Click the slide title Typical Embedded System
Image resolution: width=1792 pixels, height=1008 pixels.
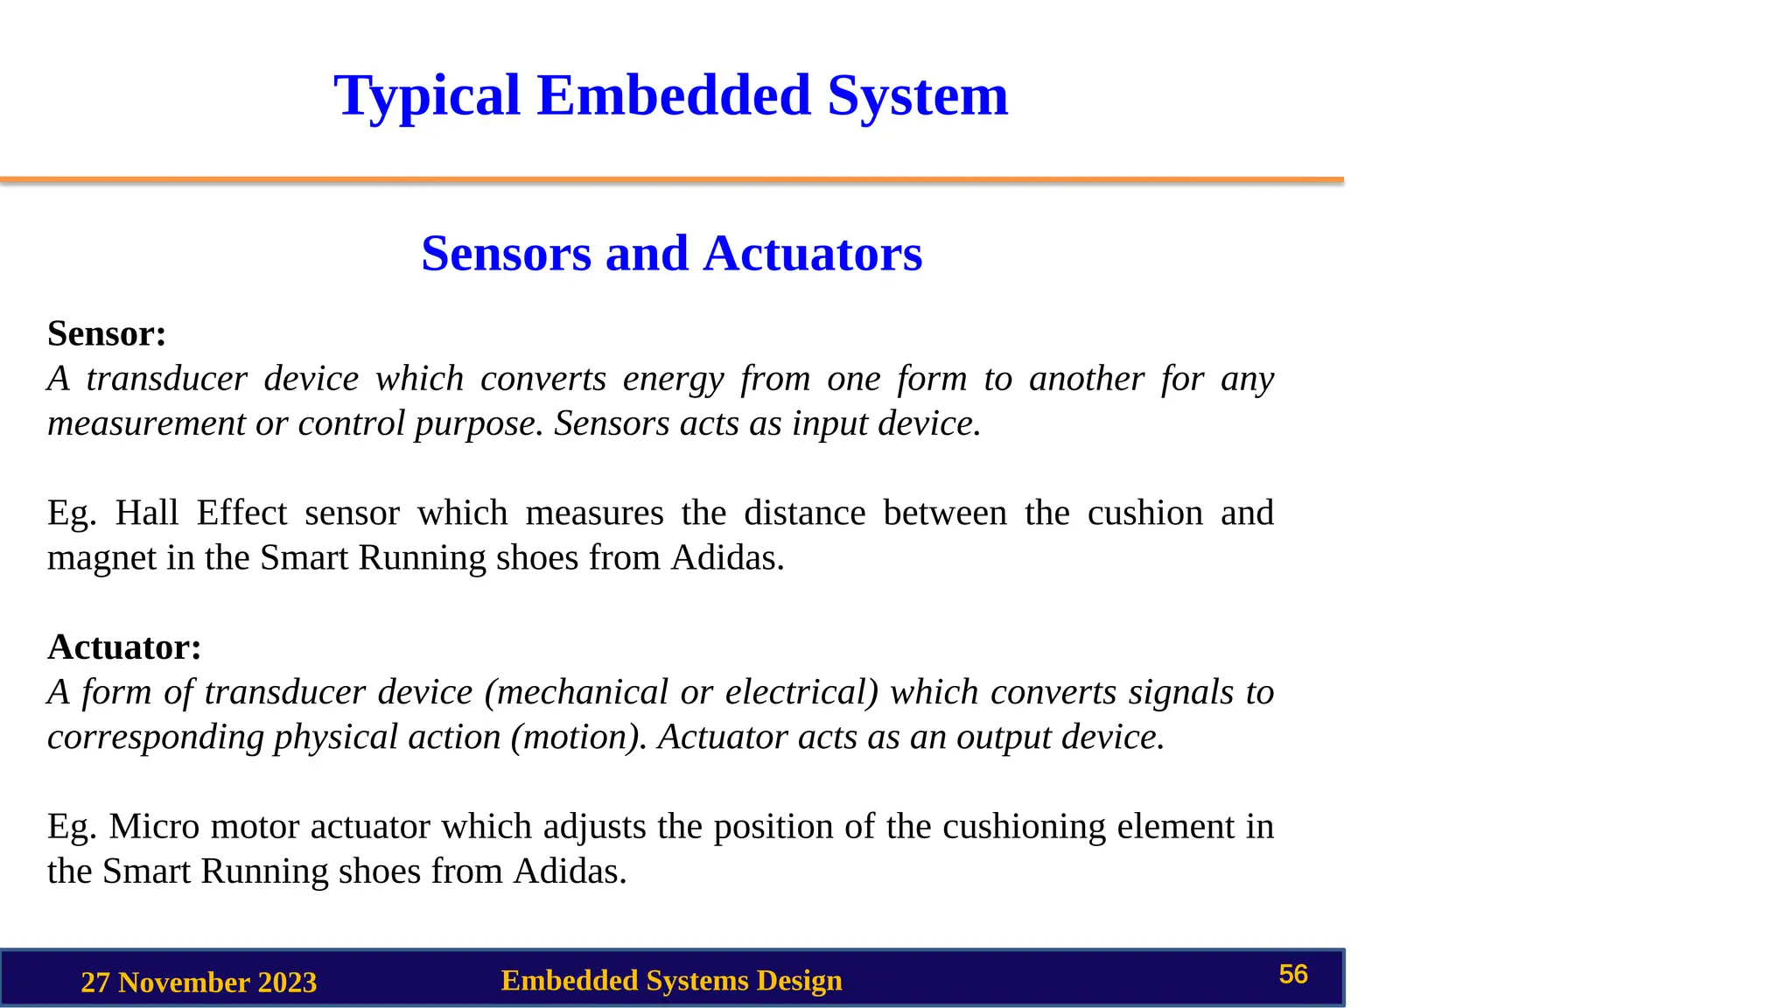pyautogui.click(x=670, y=95)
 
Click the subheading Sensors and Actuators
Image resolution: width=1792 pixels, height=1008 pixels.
pyautogui.click(x=671, y=254)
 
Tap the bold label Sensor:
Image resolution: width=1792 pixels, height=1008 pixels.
pyautogui.click(x=107, y=333)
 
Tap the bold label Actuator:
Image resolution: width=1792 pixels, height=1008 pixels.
pyautogui.click(x=124, y=647)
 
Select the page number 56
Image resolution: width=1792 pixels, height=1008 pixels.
pyautogui.click(x=1292, y=975)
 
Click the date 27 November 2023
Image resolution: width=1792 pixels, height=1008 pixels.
pyautogui.click(x=199, y=983)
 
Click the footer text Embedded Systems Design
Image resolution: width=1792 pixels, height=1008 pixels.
pyautogui.click(x=671, y=981)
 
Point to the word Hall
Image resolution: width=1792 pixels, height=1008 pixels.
pyautogui.click(x=147, y=513)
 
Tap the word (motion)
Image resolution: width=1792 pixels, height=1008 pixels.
pyautogui.click(x=578, y=737)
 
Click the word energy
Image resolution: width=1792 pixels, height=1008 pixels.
pyautogui.click(x=673, y=379)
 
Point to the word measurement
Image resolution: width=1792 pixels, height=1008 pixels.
pyautogui.click(x=146, y=423)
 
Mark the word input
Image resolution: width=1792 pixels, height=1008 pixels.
pyautogui.click(x=829, y=423)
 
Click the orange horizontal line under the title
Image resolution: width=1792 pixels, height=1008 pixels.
pyautogui.click(x=671, y=180)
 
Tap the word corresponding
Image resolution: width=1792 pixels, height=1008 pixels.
pyautogui.click(x=155, y=737)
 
